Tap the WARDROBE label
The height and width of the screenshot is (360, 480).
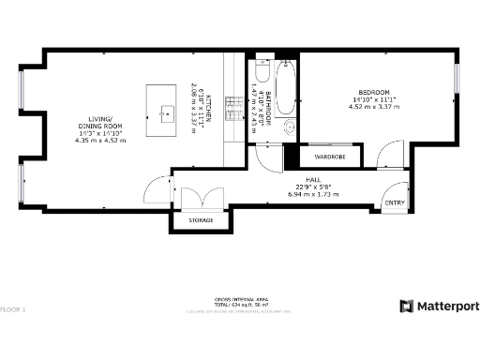click(x=331, y=157)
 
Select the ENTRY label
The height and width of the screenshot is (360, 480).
click(x=394, y=202)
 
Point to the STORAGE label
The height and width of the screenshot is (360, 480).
click(x=201, y=220)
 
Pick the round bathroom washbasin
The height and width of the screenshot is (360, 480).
click(x=289, y=128)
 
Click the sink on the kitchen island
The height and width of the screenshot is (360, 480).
click(x=166, y=115)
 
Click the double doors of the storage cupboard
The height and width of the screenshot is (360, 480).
click(x=200, y=199)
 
